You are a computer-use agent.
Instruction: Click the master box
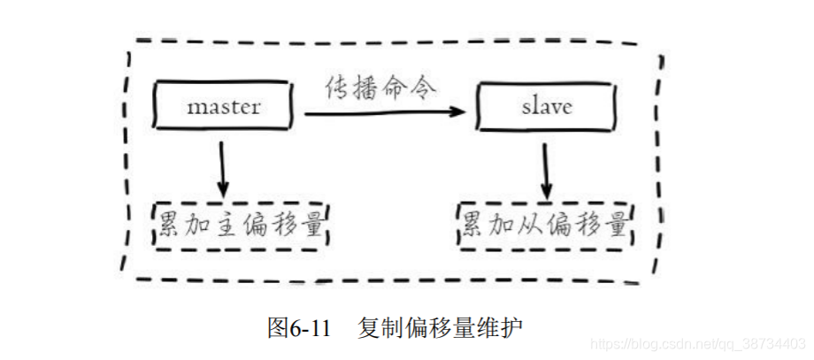pos(223,107)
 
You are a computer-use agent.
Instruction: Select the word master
pos(223,107)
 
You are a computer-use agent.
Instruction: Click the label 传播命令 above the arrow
pos(381,89)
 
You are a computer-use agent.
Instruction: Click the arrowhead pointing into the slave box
pos(458,112)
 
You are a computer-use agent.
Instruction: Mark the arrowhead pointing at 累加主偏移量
pos(223,190)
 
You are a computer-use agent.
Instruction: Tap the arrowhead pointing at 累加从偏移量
pos(548,190)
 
